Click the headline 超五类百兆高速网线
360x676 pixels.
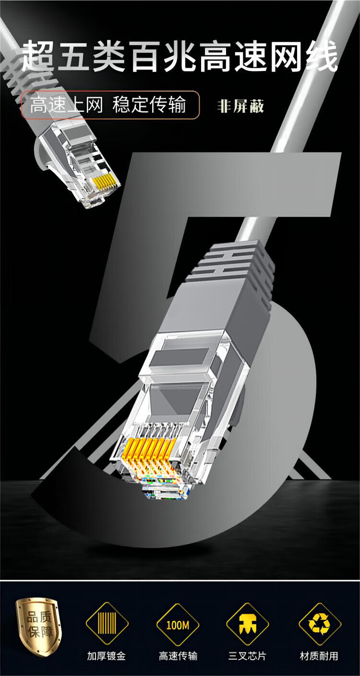click(180, 57)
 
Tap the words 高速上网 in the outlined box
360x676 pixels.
click(66, 105)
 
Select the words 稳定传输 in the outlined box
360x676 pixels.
click(149, 105)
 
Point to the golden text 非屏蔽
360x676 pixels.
click(240, 106)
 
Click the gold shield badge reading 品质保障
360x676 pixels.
click(39, 625)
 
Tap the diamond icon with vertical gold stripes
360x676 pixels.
click(107, 624)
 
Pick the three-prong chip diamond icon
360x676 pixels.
click(248, 624)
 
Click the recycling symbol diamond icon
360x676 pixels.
click(320, 624)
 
